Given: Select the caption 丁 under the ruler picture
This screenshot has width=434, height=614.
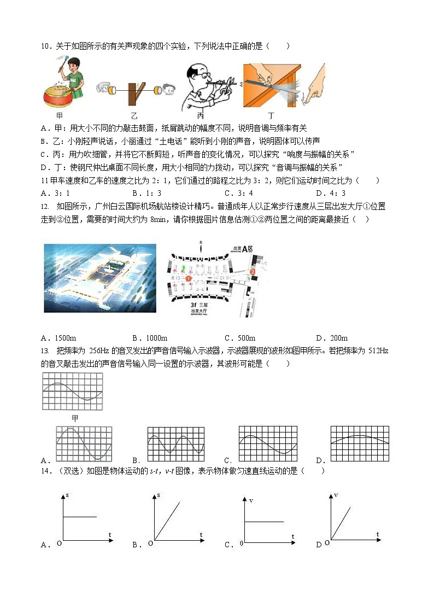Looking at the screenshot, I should (272, 116).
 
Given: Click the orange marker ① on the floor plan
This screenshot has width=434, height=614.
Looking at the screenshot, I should (187, 278).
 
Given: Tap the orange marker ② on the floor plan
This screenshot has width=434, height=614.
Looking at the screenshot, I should (253, 271).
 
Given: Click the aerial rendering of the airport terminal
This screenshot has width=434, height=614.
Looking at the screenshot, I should (99, 278).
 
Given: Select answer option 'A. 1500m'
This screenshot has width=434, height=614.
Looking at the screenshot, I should (58, 338).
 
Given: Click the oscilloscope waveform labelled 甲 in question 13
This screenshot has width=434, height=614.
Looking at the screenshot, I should (72, 391).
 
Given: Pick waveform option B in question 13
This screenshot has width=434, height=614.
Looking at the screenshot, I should (175, 443).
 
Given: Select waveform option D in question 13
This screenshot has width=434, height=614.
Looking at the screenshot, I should (359, 443).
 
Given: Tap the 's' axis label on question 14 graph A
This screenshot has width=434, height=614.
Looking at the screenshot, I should (67, 495).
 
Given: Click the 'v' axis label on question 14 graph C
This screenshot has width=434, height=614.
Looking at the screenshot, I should (251, 500).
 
